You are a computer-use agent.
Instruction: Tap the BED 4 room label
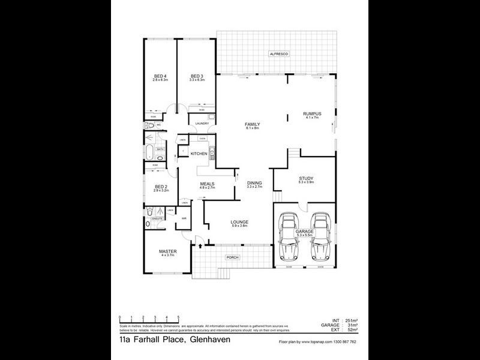(x=160, y=76)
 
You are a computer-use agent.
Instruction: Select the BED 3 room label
(x=197, y=76)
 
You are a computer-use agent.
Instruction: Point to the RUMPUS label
(x=312, y=114)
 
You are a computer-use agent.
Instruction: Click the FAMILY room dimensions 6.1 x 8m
(x=252, y=128)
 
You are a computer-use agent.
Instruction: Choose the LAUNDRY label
(x=201, y=124)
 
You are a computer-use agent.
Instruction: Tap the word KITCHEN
(x=199, y=154)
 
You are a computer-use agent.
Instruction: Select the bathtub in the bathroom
(x=148, y=150)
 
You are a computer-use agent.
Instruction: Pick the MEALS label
(x=207, y=184)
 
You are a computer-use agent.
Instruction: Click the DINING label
(x=254, y=184)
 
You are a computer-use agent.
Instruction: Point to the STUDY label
(x=306, y=178)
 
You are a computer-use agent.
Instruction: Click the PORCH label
(x=232, y=257)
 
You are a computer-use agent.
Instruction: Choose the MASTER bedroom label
(x=166, y=251)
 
